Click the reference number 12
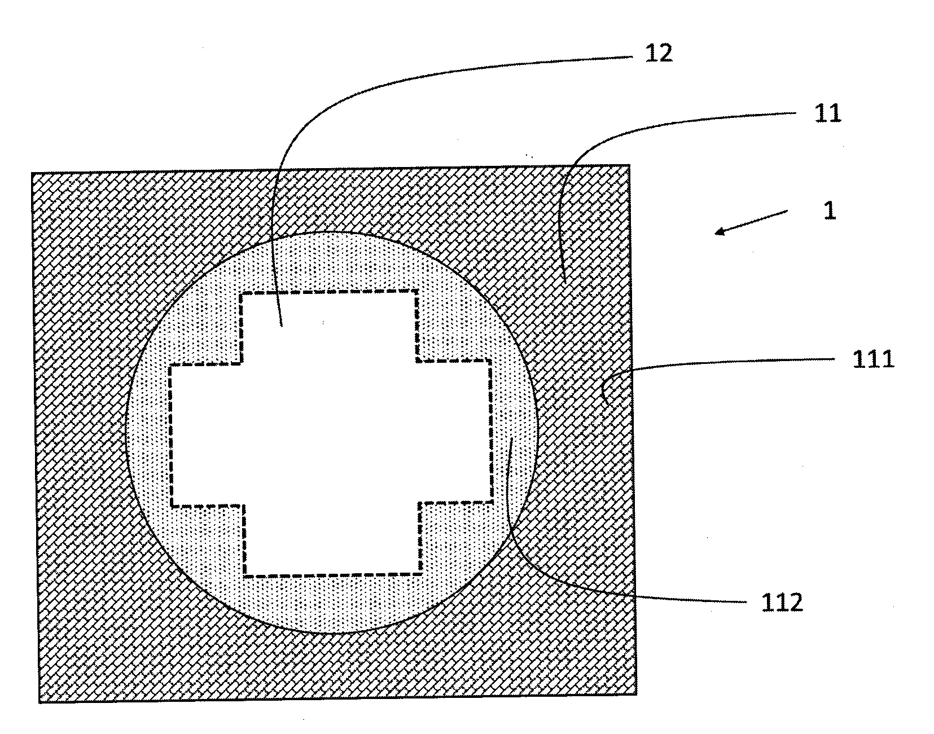click(x=658, y=54)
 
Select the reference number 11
click(x=827, y=114)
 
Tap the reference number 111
click(x=872, y=359)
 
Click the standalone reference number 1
click(x=829, y=211)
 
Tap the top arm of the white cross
click(x=329, y=327)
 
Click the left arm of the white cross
click(x=207, y=435)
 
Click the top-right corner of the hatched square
click(x=629, y=165)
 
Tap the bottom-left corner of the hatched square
click(x=40, y=702)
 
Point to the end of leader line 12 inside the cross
click(x=281, y=326)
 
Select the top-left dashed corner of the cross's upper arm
click(x=242, y=294)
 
